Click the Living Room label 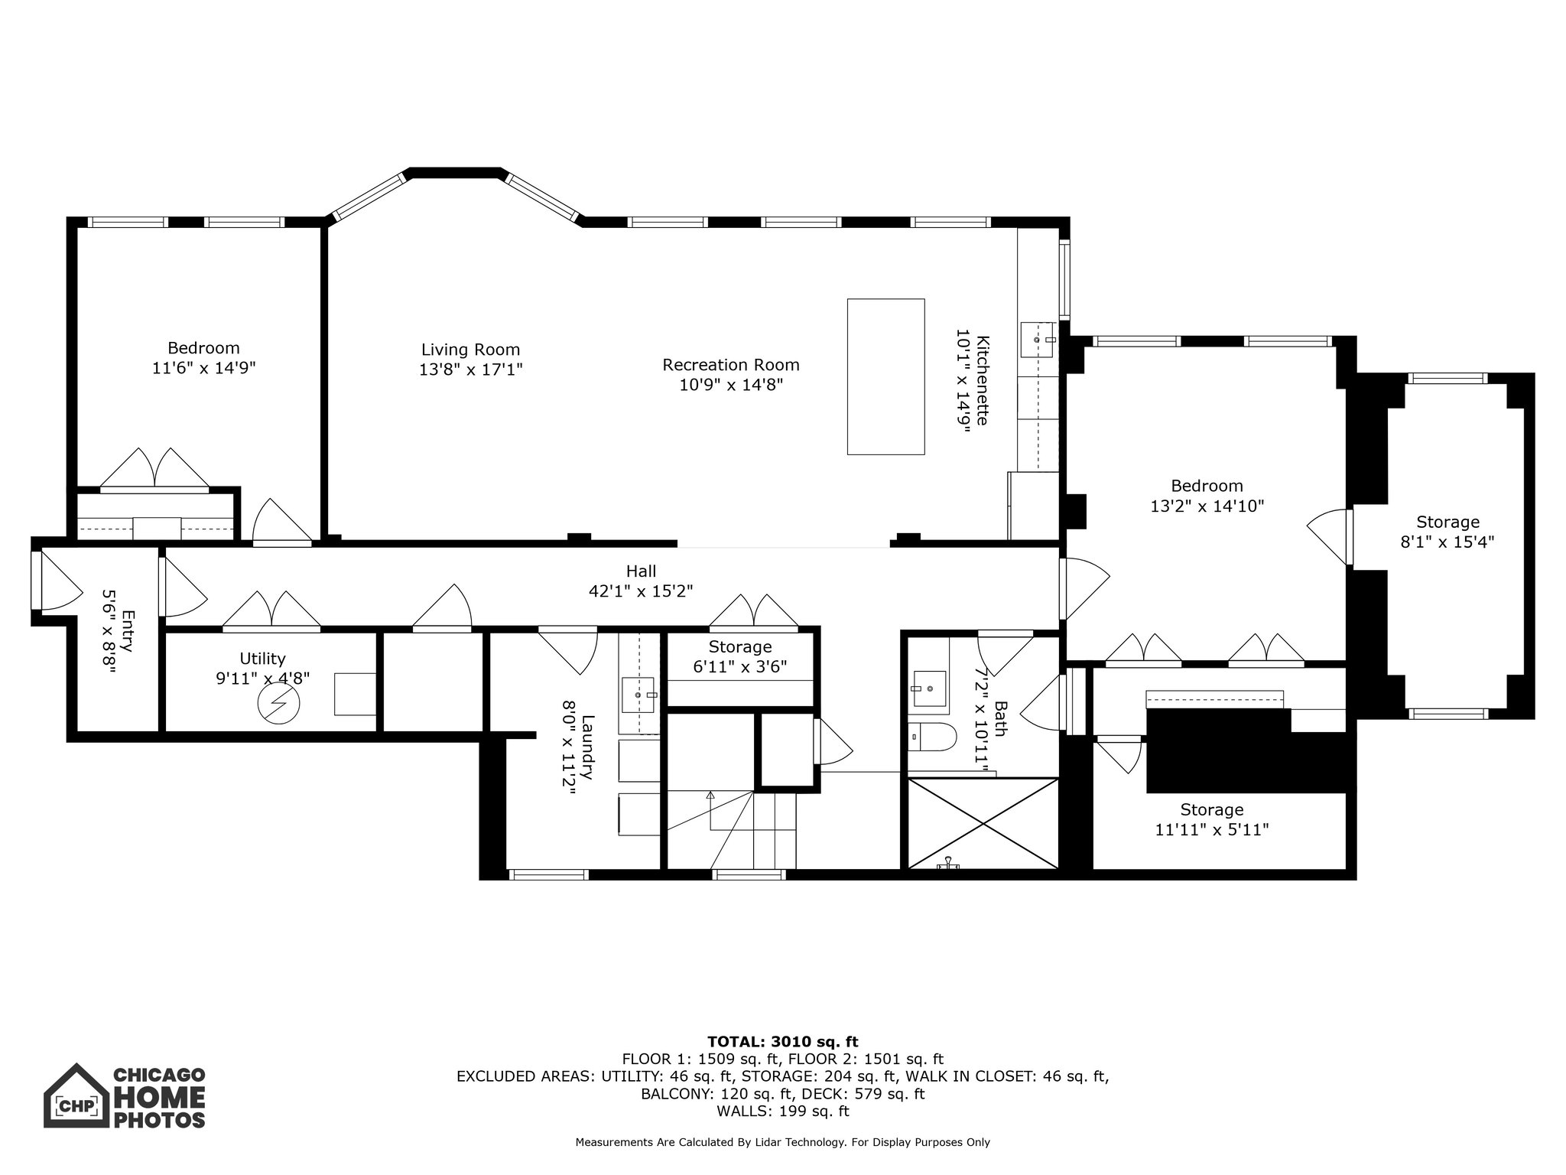(x=470, y=350)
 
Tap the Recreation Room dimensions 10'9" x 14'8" (x=731, y=385)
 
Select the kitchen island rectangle (x=885, y=376)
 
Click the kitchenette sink (x=1038, y=339)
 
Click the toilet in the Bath (x=934, y=737)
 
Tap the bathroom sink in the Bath (x=929, y=682)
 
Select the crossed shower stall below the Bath (x=983, y=823)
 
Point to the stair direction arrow (x=710, y=796)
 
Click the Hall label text (x=641, y=571)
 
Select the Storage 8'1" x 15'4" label (x=1447, y=522)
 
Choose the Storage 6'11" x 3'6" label (x=739, y=647)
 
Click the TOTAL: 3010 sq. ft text (x=782, y=1041)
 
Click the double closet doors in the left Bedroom (x=155, y=468)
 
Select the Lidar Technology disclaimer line (x=782, y=1142)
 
